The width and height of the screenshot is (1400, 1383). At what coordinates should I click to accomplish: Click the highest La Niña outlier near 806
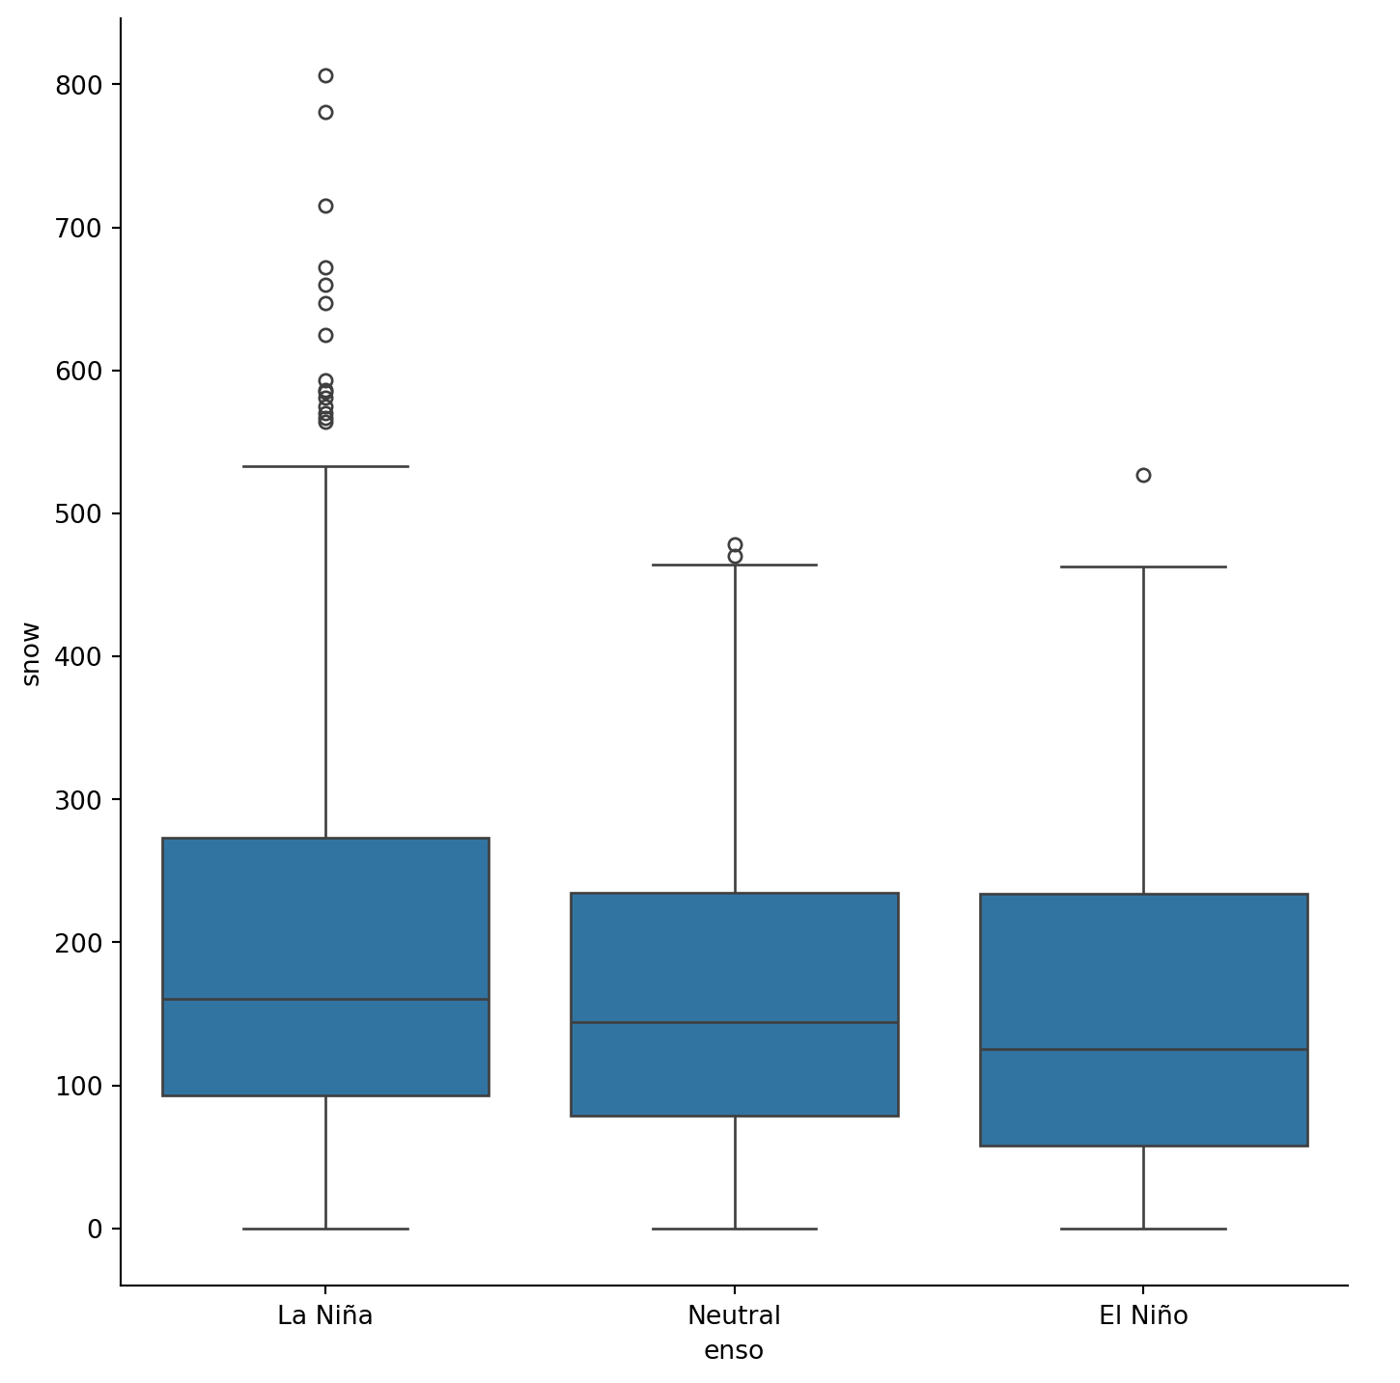pos(325,75)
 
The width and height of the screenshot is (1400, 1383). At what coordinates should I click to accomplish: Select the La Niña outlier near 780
pos(325,112)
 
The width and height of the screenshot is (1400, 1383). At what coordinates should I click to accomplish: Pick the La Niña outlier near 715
pos(325,206)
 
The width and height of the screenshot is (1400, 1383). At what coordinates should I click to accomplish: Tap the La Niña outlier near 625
pos(325,335)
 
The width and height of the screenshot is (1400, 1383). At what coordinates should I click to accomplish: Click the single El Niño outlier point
pos(1143,475)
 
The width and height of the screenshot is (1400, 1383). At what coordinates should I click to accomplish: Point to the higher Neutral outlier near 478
pos(735,544)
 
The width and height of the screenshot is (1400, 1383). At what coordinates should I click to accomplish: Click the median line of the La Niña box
pos(325,999)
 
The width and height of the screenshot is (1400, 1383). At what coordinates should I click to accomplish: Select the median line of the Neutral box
pos(735,1022)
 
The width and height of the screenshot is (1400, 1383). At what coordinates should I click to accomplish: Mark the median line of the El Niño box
pos(1143,1049)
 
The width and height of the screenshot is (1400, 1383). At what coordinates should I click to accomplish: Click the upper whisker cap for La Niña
pos(325,466)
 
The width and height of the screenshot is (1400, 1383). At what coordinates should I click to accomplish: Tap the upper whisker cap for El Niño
pos(1143,567)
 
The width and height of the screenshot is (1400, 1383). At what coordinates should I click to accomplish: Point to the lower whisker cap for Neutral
pos(735,1229)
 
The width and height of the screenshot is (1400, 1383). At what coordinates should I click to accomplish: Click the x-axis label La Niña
pos(325,1315)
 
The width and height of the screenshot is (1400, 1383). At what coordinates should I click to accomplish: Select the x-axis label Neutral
pos(735,1315)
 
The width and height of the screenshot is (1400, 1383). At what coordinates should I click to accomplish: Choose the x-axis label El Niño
pos(1143,1315)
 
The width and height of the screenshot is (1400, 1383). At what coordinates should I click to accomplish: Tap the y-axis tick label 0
pos(95,1229)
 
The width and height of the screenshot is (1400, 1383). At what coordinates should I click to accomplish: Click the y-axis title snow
pos(31,653)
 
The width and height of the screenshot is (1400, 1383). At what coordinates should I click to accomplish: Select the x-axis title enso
pos(734,1350)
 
